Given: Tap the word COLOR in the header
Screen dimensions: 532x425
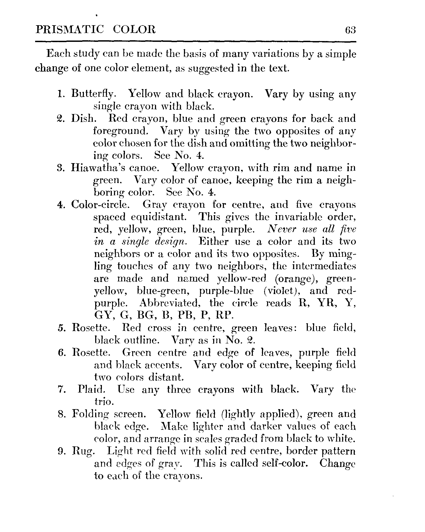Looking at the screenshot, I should [134, 29].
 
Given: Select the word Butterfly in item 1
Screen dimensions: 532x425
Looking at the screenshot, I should [94, 94].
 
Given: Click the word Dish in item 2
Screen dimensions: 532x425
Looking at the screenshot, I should [82, 119].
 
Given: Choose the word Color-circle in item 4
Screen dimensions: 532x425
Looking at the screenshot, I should [101, 205].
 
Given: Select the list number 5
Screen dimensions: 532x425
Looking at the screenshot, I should [60, 328].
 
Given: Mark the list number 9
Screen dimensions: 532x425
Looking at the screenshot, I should [60, 452].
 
